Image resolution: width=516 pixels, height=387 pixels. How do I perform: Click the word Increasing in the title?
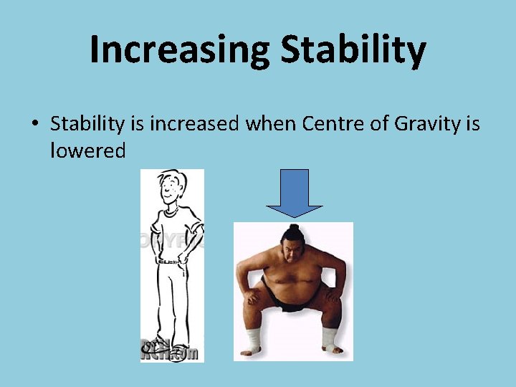click(x=179, y=50)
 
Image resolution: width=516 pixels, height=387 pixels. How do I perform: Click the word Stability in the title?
click(x=353, y=50)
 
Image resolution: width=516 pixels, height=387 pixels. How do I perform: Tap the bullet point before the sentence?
click(x=34, y=125)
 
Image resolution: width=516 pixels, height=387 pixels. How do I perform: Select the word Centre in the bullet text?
click(x=333, y=124)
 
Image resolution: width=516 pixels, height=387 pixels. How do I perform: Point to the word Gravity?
click(x=428, y=124)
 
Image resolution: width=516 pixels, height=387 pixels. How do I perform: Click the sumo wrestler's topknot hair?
click(x=293, y=231)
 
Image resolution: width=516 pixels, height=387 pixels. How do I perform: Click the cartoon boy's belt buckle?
click(x=171, y=262)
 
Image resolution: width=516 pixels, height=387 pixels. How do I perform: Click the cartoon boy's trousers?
click(x=172, y=301)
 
